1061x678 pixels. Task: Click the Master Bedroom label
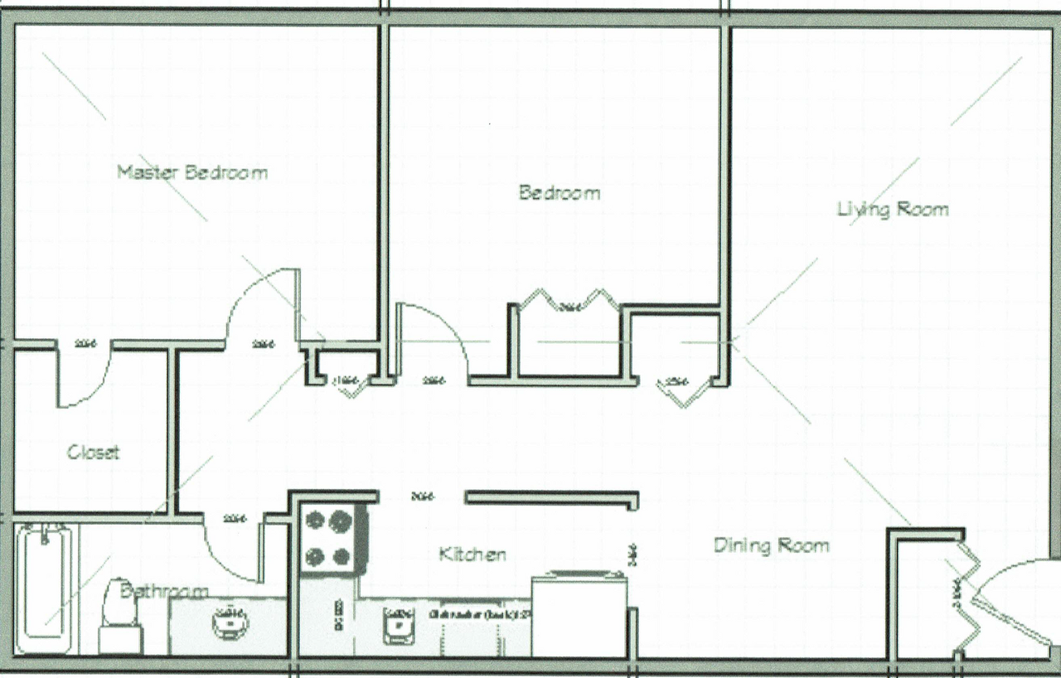pyautogui.click(x=191, y=172)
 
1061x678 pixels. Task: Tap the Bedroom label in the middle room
pyautogui.click(x=559, y=193)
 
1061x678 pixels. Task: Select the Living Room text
pyautogui.click(x=892, y=209)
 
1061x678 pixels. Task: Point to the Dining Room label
pyautogui.click(x=771, y=545)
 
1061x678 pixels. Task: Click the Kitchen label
pyautogui.click(x=472, y=554)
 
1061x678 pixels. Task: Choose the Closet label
pyautogui.click(x=93, y=453)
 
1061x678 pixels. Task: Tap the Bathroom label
pyautogui.click(x=163, y=591)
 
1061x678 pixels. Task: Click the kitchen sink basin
pyautogui.click(x=398, y=622)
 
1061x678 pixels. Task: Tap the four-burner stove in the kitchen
pyautogui.click(x=329, y=539)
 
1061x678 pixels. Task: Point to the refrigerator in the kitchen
pyautogui.click(x=578, y=613)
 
